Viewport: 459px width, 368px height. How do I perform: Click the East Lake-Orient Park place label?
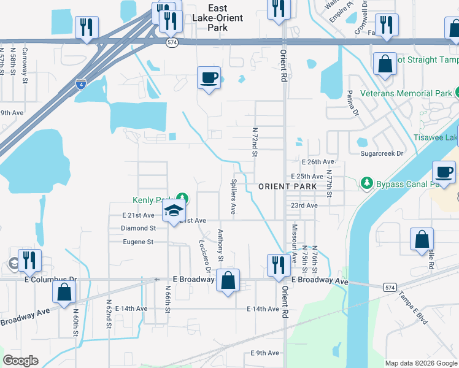[x=217, y=18]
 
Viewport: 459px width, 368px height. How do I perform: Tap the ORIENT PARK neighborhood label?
[x=288, y=186]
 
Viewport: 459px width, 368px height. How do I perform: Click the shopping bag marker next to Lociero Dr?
[x=228, y=280]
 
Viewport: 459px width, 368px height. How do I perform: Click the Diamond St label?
[x=139, y=228]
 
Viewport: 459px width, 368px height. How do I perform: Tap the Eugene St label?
[x=138, y=242]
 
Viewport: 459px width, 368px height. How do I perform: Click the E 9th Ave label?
[x=265, y=353]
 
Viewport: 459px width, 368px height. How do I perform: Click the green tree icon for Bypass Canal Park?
[x=367, y=183]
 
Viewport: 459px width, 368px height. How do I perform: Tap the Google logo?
[x=20, y=361]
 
